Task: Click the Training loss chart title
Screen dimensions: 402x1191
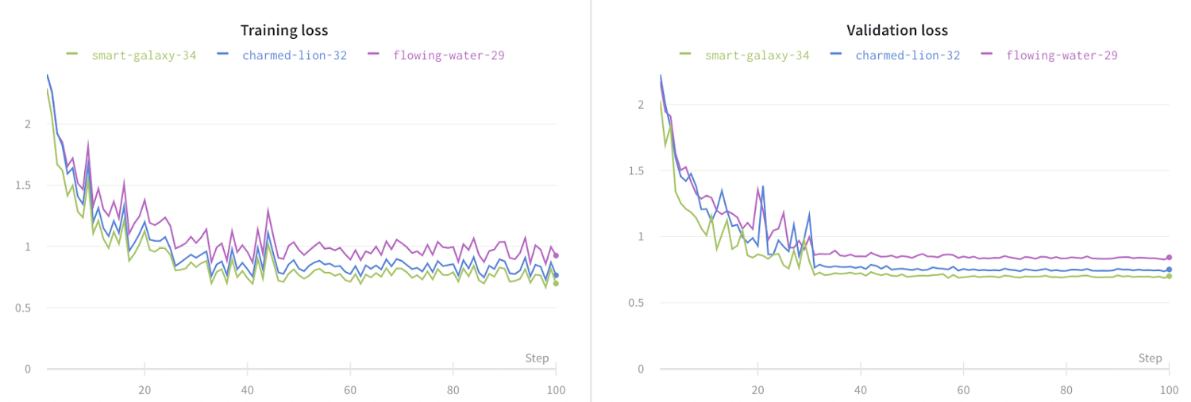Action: tap(284, 31)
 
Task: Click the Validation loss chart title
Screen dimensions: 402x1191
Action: tap(897, 31)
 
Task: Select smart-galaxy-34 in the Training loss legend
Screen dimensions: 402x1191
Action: tap(143, 56)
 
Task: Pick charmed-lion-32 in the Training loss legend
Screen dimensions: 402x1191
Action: tap(294, 56)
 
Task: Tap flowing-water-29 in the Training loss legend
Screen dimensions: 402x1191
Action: tap(449, 56)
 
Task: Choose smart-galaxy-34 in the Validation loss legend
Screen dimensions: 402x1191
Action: tap(756, 56)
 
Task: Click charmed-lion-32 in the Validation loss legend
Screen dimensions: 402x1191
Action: tap(907, 56)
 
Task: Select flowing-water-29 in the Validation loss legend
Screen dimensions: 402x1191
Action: tap(1062, 56)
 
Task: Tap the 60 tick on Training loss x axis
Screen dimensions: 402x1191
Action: tap(350, 390)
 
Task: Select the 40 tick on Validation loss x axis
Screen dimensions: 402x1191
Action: tap(861, 390)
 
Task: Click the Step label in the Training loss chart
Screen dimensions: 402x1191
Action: tap(537, 358)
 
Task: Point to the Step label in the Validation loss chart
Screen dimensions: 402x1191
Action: tap(1150, 358)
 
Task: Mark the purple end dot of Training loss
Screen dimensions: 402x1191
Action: tap(556, 255)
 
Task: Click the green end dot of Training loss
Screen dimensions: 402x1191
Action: tap(556, 283)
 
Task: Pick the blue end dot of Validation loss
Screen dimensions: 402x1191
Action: tap(1169, 270)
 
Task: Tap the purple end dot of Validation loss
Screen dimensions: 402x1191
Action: tap(1169, 257)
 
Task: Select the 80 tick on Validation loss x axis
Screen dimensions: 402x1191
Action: tap(1066, 390)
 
